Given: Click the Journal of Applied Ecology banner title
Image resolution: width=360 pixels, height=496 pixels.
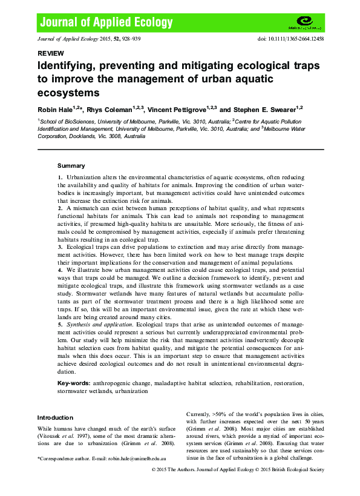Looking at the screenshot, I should pos(106,23).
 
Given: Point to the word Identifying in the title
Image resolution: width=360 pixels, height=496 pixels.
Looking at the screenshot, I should pos(68,65).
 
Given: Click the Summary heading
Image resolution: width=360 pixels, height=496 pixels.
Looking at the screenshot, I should pos(71,165).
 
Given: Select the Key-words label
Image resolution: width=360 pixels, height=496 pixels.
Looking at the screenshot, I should pos(74,384).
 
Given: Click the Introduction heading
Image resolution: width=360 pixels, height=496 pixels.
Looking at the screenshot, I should pos(55,417).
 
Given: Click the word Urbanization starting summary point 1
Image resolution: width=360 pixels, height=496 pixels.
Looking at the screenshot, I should pos(84,176).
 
